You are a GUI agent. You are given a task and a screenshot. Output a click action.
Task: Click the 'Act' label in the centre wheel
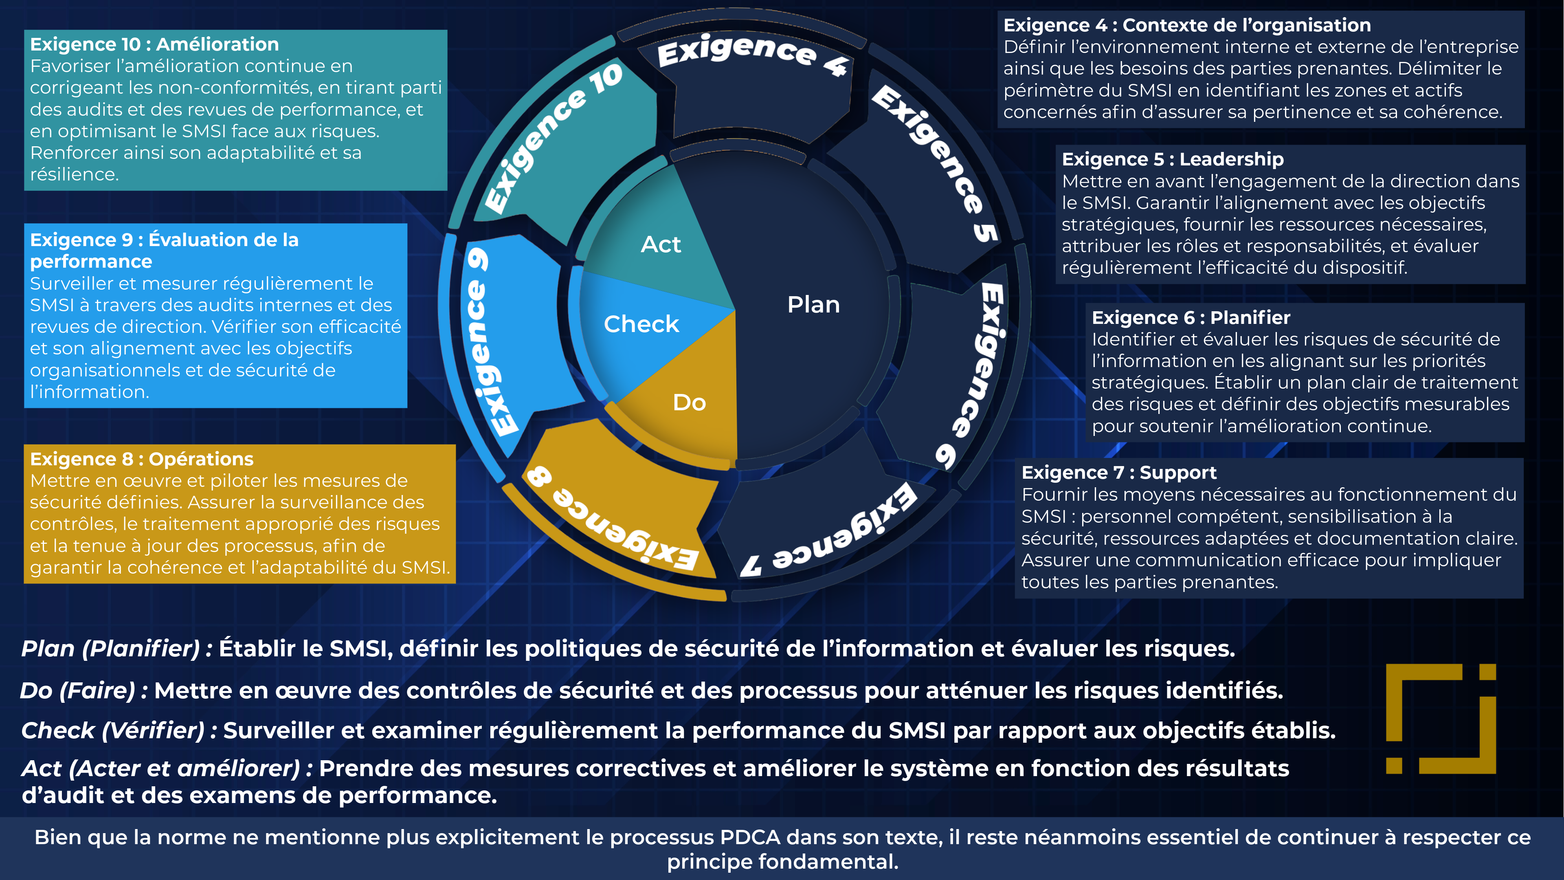click(x=661, y=244)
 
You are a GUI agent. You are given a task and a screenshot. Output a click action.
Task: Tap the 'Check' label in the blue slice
click(x=641, y=324)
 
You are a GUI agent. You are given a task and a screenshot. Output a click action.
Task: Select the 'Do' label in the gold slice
click(x=689, y=403)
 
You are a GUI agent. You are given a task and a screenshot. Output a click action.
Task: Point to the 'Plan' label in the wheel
click(x=814, y=304)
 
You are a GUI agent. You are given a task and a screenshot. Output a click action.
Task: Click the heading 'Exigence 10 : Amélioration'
click(x=154, y=44)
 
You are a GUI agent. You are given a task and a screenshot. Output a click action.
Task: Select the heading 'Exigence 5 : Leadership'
click(x=1173, y=159)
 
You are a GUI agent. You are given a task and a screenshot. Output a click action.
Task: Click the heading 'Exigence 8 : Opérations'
click(x=141, y=459)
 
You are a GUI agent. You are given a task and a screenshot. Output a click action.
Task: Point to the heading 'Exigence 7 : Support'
click(x=1119, y=473)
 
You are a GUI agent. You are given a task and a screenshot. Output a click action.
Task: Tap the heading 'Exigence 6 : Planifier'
click(x=1191, y=318)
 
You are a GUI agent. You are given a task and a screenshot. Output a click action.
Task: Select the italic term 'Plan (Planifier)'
click(x=110, y=649)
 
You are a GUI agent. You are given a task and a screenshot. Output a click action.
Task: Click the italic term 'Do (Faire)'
click(x=77, y=691)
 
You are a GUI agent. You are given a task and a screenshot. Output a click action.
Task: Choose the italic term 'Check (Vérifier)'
click(x=113, y=730)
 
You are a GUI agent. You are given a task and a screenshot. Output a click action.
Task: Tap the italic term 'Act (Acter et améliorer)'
click(x=161, y=769)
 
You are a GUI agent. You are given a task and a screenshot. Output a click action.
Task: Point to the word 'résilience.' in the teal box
click(x=74, y=175)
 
